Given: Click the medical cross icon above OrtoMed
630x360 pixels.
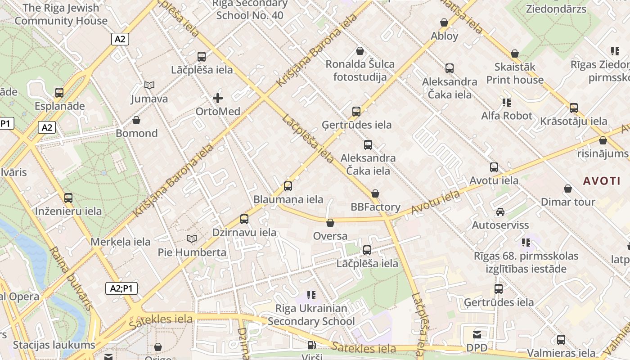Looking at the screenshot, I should pos(218,98).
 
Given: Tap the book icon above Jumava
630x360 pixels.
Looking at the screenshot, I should pos(149,85).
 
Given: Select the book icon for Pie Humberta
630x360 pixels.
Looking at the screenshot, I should pos(192,238).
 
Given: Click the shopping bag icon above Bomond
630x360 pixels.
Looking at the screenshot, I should pos(136,120).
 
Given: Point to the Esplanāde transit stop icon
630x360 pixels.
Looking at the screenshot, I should pos(59,93).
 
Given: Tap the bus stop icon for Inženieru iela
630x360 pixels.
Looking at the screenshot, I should pos(68,198).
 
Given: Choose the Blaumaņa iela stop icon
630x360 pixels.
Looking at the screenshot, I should pos(288,186).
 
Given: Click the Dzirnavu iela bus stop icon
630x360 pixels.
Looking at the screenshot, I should pos(244,219).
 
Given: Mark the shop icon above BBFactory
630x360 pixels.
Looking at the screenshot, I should pos(375,193).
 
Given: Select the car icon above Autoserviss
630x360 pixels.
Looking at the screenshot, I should pos(500,211).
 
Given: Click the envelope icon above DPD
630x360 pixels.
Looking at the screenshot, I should pos(477,335).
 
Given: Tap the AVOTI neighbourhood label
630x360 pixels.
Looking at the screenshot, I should pos(602,181).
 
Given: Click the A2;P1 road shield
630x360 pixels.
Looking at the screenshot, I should pos(121,288).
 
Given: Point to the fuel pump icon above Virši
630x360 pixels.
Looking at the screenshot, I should pos(311,345).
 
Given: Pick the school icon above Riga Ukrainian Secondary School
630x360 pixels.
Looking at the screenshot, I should pos(311,295).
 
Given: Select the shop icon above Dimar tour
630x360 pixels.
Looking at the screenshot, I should pos(568,189).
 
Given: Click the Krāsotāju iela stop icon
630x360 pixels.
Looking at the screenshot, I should pos(574,108).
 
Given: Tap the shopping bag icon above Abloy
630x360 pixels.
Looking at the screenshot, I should pos(444,22).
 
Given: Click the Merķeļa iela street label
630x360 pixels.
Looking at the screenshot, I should pos(121,242).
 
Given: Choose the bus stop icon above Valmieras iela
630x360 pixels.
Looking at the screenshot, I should pos(561,340).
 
